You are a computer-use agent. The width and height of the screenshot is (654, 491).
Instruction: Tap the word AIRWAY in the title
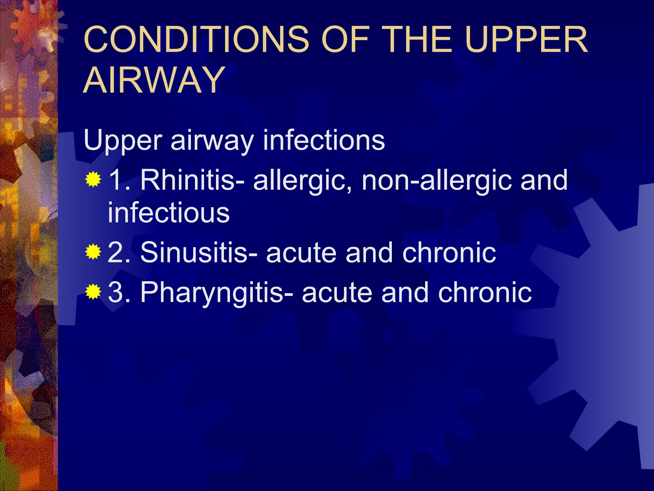154,80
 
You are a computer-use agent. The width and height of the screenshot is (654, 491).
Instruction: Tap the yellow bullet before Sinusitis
93,252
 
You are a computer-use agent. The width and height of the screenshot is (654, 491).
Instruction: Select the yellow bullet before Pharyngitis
93,292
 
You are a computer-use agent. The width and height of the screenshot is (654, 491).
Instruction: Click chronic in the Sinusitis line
449,253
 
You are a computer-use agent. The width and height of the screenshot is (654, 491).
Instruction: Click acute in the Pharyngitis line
337,293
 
